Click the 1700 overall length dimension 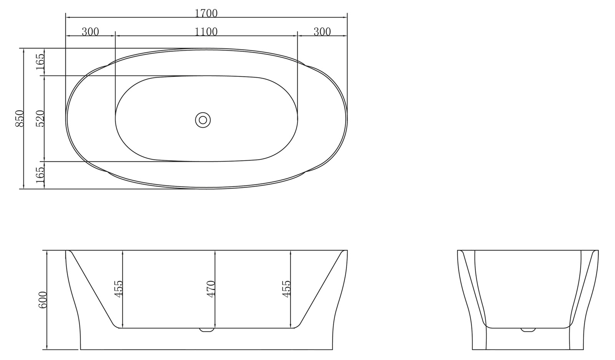[206, 13]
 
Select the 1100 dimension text [206, 32]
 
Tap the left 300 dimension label [90, 32]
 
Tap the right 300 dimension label [322, 32]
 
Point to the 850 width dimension [20, 118]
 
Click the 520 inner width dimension [41, 118]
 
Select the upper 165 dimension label [41, 62]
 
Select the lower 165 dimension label [41, 175]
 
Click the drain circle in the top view [203, 119]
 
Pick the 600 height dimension [43, 300]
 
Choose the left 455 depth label [118, 289]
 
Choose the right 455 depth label [286, 289]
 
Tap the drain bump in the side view [207, 330]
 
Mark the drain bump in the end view [528, 330]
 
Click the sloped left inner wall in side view [92, 288]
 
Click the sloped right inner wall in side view [321, 288]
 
